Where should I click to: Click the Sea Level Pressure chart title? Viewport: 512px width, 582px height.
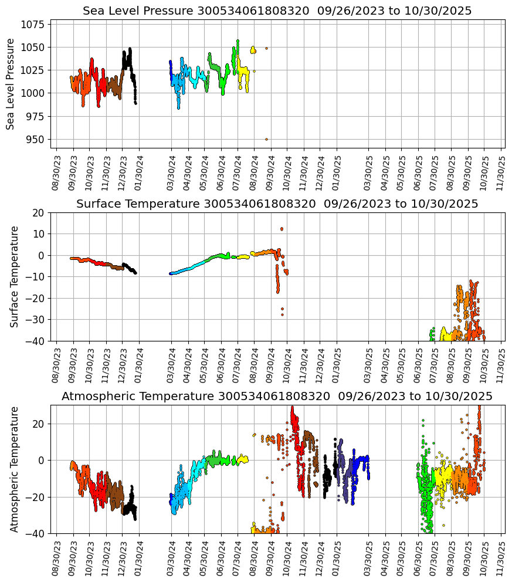(x=277, y=11)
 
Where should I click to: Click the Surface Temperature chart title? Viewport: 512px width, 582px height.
(x=277, y=204)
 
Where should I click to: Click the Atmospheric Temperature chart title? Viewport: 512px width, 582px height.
(x=277, y=397)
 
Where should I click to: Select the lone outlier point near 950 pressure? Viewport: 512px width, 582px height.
(x=266, y=139)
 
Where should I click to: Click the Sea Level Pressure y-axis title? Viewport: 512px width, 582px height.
(x=11, y=84)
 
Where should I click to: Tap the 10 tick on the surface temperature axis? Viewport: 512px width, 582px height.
(x=40, y=234)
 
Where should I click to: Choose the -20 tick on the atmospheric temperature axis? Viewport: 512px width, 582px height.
(x=36, y=497)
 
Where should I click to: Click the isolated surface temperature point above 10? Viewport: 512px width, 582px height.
(x=282, y=229)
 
